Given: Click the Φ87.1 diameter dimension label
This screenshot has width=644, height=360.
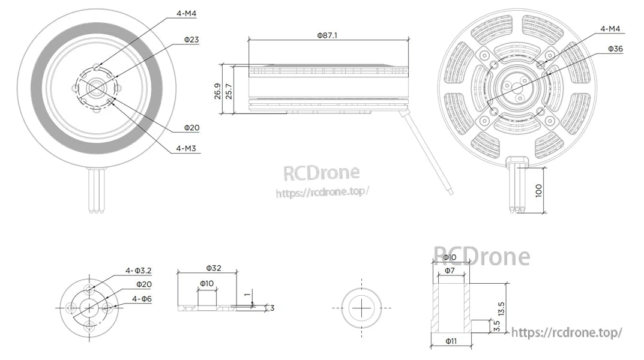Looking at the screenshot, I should [327, 35].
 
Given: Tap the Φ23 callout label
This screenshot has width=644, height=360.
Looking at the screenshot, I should [191, 40].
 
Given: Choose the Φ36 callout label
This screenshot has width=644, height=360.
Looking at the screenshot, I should [615, 49].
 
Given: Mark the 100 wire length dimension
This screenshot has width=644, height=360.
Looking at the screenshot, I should [538, 191].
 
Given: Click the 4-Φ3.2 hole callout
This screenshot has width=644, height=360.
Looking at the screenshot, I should [138, 271].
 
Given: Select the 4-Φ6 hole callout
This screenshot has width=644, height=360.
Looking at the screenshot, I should [141, 298].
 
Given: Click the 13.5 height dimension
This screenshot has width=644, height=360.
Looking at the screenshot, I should [501, 308].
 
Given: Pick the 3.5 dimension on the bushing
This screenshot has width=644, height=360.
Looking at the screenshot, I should [496, 326].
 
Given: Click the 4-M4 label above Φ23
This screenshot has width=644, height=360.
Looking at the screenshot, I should [184, 13].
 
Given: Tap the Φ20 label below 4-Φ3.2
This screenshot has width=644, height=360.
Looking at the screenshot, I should [143, 284].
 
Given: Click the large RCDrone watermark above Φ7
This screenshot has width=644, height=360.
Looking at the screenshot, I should [482, 256].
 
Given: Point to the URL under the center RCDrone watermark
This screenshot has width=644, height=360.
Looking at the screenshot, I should [322, 193].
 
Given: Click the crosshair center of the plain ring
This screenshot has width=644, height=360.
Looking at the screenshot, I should [362, 307].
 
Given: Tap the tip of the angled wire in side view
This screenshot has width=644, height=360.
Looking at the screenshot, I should [451, 192].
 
